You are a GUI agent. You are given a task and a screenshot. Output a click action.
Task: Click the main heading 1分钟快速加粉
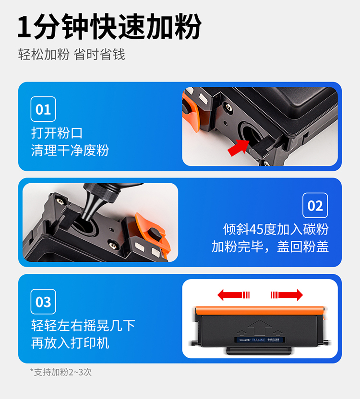pyautogui.click(x=109, y=26)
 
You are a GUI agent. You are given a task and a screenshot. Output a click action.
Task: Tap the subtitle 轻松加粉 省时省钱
pyautogui.click(x=72, y=55)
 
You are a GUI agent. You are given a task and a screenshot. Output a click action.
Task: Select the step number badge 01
pyautogui.click(x=43, y=109)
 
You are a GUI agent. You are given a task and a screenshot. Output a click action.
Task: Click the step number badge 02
pyautogui.click(x=315, y=205)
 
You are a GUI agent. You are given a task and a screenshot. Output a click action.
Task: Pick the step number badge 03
pyautogui.click(x=43, y=302)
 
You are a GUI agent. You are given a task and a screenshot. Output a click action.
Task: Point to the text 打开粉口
pyautogui.click(x=57, y=133)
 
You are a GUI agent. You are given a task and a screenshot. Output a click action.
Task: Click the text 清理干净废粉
pyautogui.click(x=70, y=150)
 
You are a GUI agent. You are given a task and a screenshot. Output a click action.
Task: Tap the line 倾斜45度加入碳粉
pyautogui.click(x=276, y=229)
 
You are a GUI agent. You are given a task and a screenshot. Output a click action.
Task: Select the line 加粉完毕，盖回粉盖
pyautogui.click(x=270, y=246)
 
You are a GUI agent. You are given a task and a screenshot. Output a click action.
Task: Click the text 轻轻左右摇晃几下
pyautogui.click(x=83, y=326)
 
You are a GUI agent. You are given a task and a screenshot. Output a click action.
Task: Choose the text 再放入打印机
pyautogui.click(x=70, y=343)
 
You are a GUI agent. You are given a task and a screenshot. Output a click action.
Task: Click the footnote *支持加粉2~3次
pyautogui.click(x=61, y=372)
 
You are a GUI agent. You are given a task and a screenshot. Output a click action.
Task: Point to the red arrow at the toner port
pyautogui.click(x=238, y=147)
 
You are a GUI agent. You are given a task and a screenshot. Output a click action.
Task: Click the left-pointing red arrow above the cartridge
pyautogui.click(x=233, y=295)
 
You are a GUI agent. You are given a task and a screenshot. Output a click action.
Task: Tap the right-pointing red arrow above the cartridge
pyautogui.click(x=287, y=295)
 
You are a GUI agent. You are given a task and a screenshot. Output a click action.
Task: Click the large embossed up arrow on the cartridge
pyautogui.click(x=260, y=328)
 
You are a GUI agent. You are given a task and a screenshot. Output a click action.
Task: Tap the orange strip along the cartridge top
pyautogui.click(x=260, y=311)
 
